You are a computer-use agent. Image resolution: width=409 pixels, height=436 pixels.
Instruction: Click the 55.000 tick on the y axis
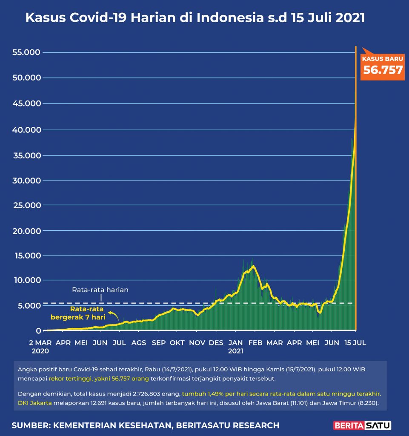(x=26, y=53)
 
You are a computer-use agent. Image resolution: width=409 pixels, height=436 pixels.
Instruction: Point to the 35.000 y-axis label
(x=26, y=155)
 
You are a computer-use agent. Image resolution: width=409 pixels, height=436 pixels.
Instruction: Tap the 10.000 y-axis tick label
(x=26, y=280)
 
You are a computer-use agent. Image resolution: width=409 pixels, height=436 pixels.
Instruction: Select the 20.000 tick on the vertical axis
(x=26, y=231)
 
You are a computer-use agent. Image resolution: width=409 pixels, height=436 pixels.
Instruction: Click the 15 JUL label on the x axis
(x=355, y=343)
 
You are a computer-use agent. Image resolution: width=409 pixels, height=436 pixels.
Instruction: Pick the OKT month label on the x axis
(x=177, y=343)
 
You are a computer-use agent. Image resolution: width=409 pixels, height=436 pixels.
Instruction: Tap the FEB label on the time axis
(x=255, y=343)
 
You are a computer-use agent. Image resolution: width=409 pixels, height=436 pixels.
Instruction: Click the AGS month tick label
(x=139, y=343)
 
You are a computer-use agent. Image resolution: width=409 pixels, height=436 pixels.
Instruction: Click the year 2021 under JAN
(x=235, y=351)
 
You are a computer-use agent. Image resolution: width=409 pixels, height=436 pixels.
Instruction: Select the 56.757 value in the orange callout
(x=383, y=70)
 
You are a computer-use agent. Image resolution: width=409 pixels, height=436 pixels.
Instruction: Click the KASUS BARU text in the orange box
(x=383, y=59)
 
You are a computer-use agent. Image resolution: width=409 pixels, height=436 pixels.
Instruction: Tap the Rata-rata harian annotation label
(x=100, y=290)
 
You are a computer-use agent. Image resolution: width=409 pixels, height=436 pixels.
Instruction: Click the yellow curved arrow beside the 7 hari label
(x=114, y=315)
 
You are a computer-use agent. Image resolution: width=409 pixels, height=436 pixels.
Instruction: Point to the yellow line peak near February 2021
(x=254, y=267)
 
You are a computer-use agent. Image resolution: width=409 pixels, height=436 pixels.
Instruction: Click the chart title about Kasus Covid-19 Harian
(x=195, y=18)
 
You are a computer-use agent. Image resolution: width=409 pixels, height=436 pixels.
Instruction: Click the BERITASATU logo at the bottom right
(x=362, y=425)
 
